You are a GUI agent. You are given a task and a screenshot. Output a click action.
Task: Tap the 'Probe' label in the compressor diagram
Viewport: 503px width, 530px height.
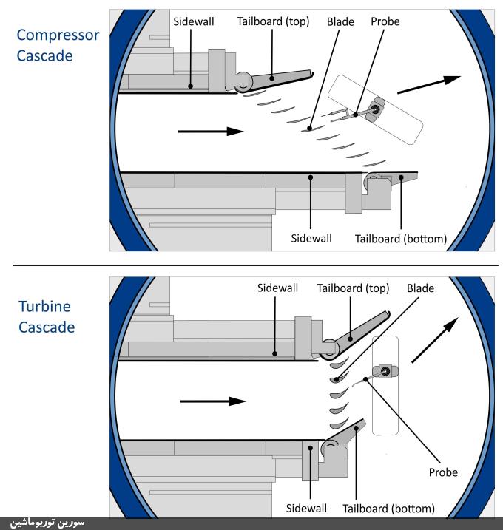click(385, 22)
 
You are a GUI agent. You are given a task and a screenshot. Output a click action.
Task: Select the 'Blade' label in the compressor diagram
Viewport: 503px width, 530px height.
click(340, 22)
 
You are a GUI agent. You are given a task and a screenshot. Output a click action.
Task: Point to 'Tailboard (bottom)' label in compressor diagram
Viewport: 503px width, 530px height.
click(400, 239)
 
